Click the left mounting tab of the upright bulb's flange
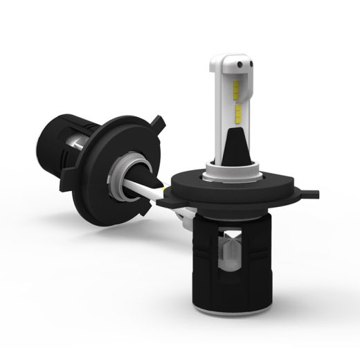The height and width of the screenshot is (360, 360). click(x=166, y=201)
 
